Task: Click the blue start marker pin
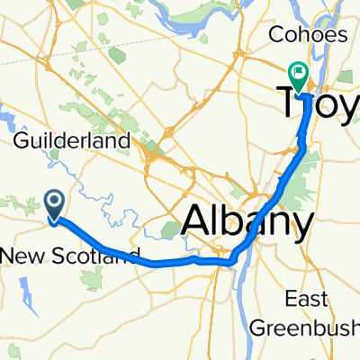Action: click(x=54, y=204)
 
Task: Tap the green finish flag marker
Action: click(x=297, y=72)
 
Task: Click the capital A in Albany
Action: click(x=200, y=219)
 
